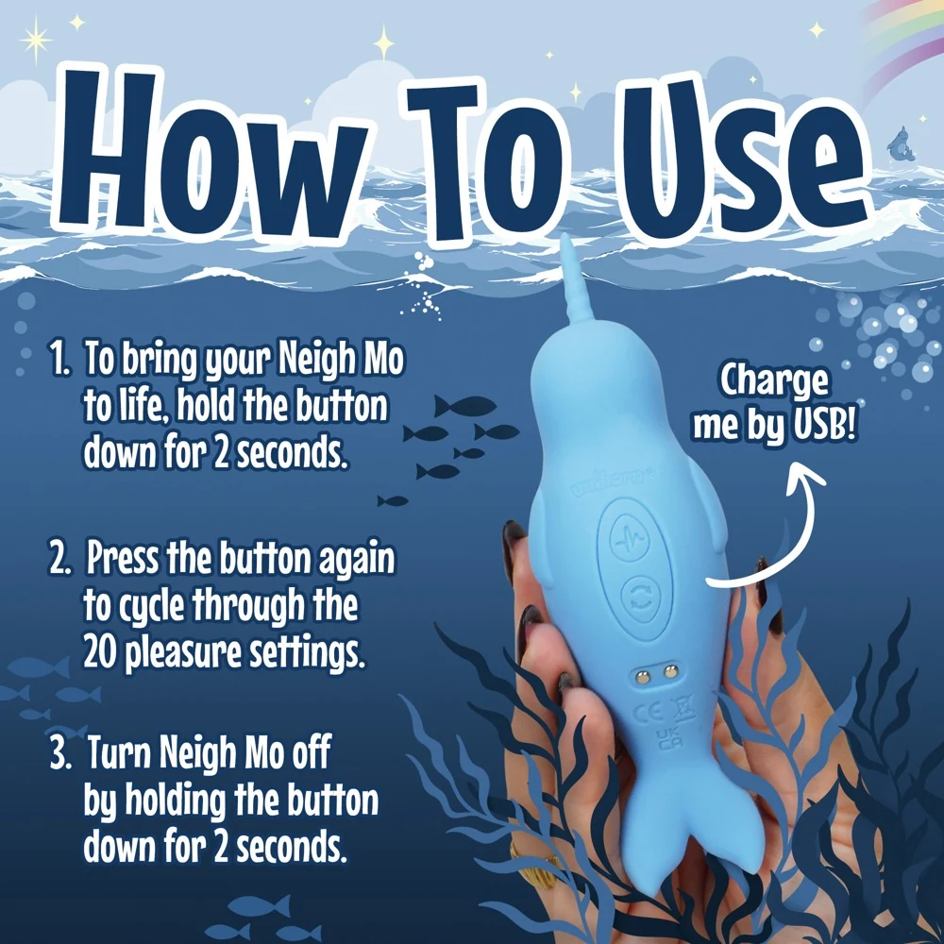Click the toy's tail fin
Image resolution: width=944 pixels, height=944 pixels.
click(651, 840)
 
